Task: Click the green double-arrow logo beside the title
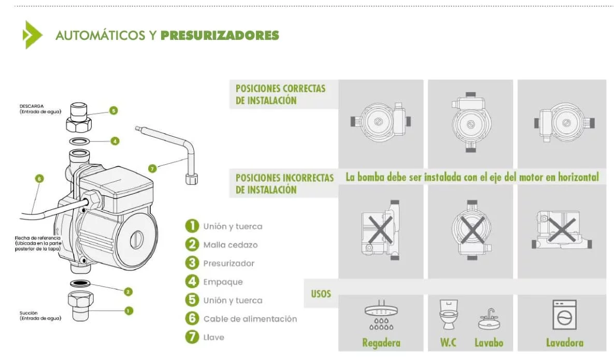32,35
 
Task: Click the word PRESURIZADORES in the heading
220,35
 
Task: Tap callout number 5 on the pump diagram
113,111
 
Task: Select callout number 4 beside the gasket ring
114,141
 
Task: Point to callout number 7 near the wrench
152,169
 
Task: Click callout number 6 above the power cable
39,179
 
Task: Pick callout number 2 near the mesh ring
128,292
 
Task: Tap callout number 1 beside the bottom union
129,311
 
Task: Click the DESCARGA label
32,106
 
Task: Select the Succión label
28,313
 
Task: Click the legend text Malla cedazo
231,245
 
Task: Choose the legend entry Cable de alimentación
250,319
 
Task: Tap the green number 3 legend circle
192,263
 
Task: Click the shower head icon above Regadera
381,315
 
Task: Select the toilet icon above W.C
448,314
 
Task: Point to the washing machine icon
565,315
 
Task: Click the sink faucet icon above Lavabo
489,319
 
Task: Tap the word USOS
321,294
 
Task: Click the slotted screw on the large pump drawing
136,240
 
